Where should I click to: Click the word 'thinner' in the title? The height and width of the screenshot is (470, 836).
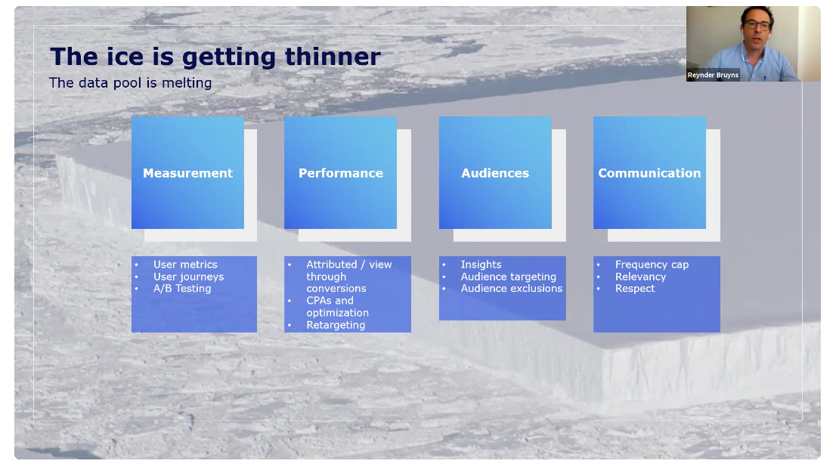pos(333,57)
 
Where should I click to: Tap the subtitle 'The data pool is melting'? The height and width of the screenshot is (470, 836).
pos(131,83)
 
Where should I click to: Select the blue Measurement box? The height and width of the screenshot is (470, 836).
pos(187,172)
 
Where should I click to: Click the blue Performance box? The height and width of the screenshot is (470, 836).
pos(341,172)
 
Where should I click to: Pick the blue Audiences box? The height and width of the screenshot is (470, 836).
pos(495,172)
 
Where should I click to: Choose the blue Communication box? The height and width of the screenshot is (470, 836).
pos(649,172)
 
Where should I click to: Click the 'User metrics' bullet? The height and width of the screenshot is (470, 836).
pos(185,264)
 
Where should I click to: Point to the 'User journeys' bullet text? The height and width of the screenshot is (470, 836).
pos(189,277)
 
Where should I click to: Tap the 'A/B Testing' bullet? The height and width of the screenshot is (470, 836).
pos(182,289)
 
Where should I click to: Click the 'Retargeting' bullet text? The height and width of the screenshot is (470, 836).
pos(336,325)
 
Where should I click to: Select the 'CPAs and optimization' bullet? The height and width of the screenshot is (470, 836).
pos(337,306)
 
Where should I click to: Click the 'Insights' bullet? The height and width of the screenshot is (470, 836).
pos(481,264)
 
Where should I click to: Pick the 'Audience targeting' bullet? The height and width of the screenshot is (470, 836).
pos(509,277)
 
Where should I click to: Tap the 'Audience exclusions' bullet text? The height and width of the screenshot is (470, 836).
pos(512,289)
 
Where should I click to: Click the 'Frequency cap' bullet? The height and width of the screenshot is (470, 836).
pos(652,264)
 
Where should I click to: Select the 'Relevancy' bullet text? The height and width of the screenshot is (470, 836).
pos(641,277)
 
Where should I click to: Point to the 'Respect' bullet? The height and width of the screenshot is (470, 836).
pos(635,289)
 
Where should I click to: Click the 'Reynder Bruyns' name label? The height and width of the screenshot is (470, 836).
pos(713,75)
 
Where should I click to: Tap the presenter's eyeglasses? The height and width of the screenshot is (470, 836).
pos(757,24)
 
